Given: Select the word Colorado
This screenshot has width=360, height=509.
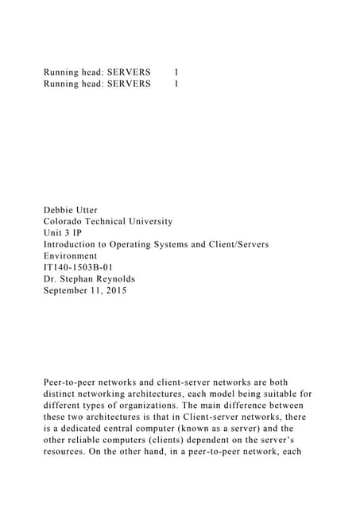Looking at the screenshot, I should pos(68,221).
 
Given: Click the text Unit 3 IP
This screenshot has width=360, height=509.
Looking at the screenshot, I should pos(62,233).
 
